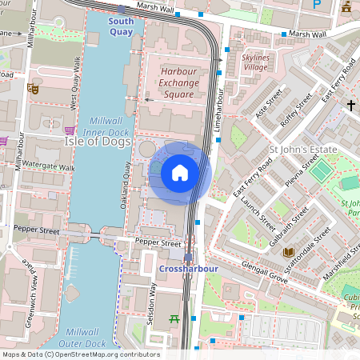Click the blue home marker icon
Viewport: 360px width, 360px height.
(180, 173)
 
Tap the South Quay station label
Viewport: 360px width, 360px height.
(122, 26)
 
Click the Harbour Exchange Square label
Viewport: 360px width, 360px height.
(178, 82)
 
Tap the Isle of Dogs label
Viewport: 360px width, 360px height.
(96, 141)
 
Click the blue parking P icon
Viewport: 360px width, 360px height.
(317, 4)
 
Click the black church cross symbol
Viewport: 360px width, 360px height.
(350, 105)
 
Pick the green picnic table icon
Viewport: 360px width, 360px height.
(174, 319)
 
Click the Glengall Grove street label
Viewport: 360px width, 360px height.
(266, 278)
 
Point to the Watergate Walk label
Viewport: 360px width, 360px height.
(49, 168)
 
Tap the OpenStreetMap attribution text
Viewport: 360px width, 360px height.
(80, 354)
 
